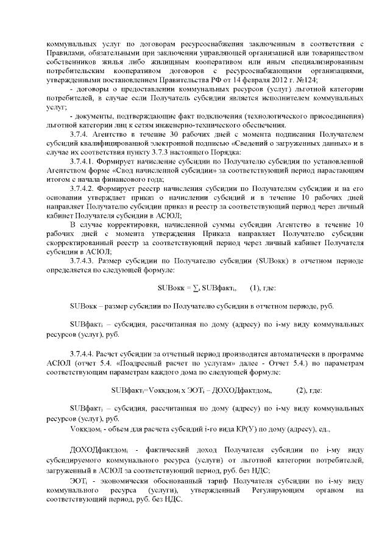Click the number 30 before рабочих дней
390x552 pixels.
(164, 134)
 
